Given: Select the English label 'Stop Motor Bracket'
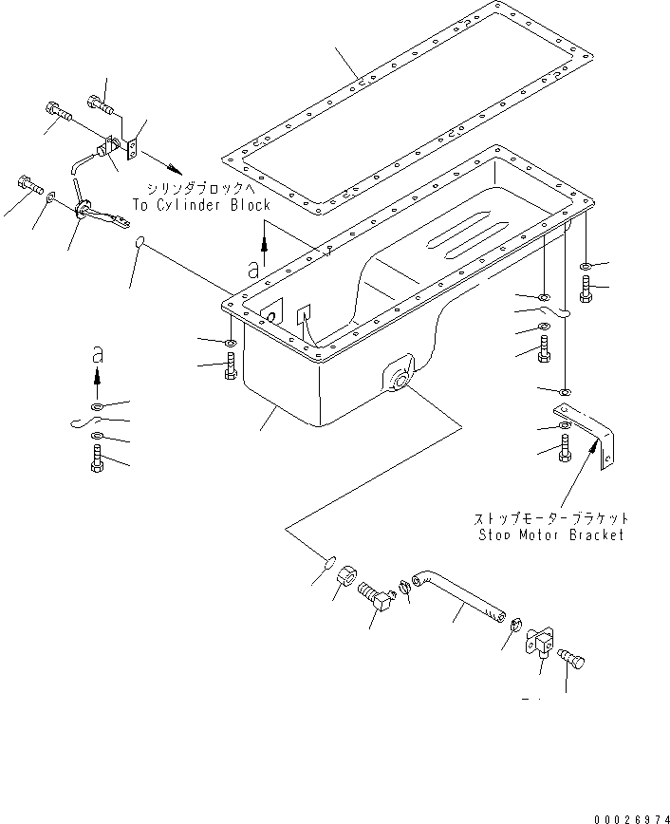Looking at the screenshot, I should [550, 534].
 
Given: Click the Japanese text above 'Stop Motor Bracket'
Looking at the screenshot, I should [550, 518].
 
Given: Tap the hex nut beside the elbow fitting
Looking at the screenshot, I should [346, 575].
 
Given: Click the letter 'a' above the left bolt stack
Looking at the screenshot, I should [96, 354].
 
